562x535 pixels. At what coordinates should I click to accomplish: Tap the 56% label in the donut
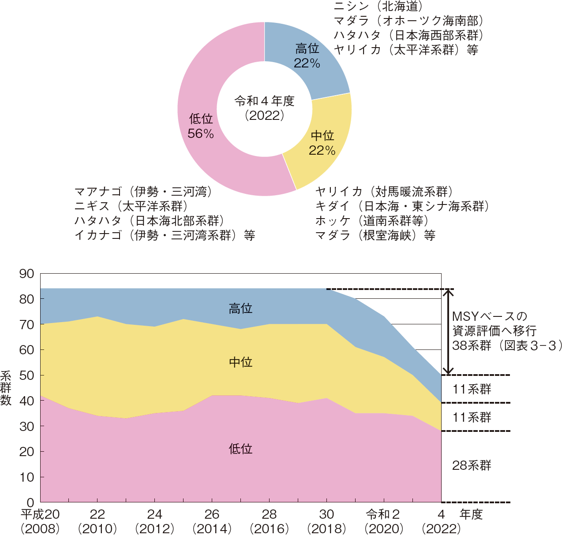point(201,134)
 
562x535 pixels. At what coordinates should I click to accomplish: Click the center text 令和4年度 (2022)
point(264,108)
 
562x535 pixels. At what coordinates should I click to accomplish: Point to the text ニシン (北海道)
point(378,6)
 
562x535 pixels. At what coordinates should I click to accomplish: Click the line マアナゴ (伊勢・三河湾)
point(143,192)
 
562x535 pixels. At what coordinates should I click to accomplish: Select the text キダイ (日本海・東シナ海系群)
point(402,206)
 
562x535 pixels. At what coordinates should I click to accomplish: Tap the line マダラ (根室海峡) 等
point(375,235)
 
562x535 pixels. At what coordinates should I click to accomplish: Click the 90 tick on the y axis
point(27,274)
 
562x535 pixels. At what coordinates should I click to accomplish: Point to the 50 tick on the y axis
point(27,375)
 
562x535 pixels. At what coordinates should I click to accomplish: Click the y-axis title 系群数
point(6,388)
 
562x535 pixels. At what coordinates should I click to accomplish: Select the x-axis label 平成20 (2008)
point(40,521)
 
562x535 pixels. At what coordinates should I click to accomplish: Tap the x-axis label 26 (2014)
point(212,521)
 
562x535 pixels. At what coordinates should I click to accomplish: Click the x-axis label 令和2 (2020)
point(384,521)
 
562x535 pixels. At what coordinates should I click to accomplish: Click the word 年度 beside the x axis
point(471,514)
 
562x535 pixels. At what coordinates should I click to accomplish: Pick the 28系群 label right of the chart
point(472,465)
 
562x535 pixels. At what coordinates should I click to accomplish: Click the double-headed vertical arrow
point(448,331)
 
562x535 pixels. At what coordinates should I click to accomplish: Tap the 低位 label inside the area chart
point(240,449)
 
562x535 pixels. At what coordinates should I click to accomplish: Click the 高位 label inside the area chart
point(240,308)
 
